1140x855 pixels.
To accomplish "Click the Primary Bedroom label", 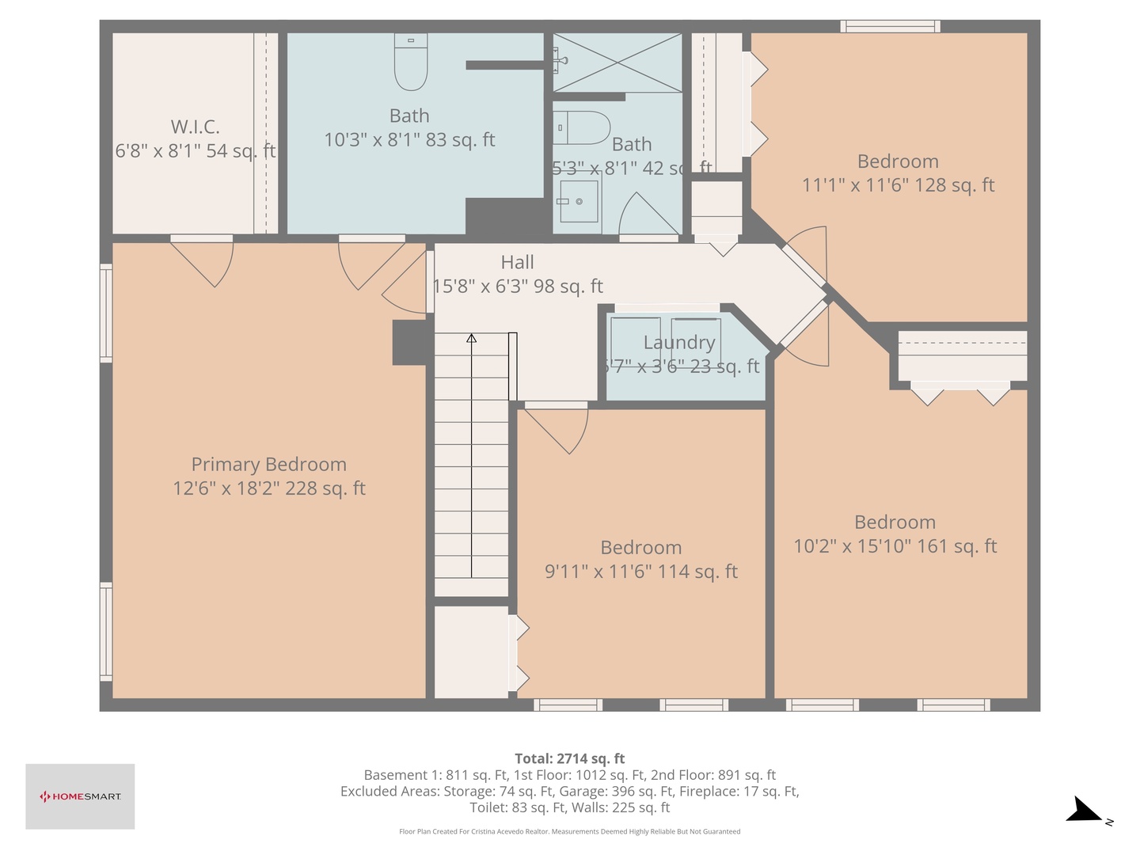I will coord(268,465).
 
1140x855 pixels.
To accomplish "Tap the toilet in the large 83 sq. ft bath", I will coord(411,64).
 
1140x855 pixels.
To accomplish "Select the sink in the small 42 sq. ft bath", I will coord(578,201).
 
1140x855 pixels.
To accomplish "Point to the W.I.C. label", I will coord(195,127).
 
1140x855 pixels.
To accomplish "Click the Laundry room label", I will coord(678,343).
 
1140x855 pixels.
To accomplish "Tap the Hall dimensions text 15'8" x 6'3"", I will coord(518,287).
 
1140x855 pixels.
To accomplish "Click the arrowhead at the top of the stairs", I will coord(472,339).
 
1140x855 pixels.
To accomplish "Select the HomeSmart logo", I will coord(80,796).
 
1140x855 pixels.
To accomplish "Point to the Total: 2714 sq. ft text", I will coord(569,758).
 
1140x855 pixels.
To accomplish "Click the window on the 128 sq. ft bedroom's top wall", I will coord(890,26).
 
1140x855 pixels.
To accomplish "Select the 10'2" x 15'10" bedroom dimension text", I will coord(895,546).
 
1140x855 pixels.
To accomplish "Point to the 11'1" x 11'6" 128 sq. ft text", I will coord(898,185).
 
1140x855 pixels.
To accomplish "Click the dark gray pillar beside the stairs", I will coord(410,342).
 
